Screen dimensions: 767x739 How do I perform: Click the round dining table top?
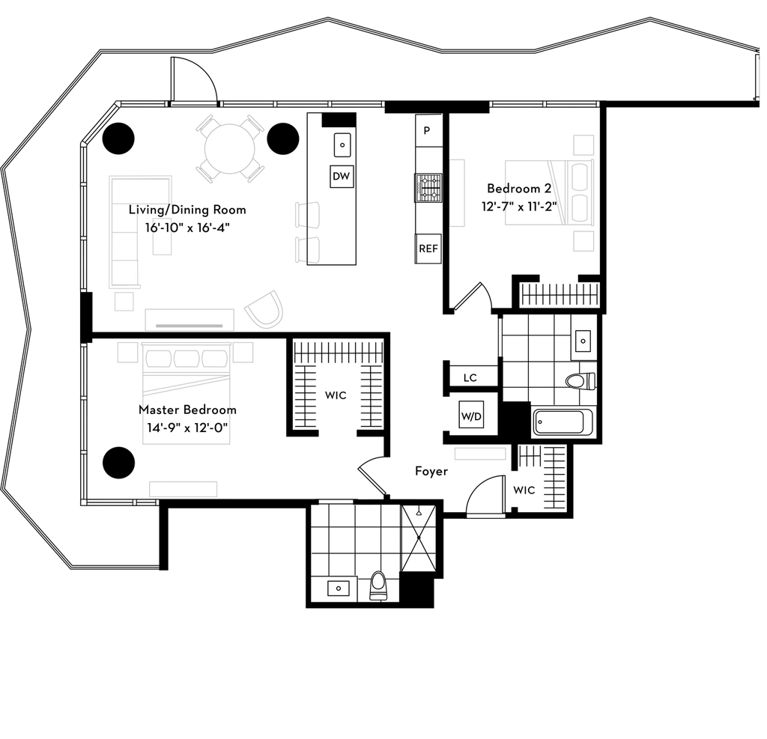(230, 148)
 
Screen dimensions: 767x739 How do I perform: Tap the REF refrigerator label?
(428, 249)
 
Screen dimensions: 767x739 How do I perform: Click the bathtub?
(563, 422)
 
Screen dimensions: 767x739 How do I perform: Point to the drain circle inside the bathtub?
(541, 422)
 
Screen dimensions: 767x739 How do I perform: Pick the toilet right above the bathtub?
(580, 382)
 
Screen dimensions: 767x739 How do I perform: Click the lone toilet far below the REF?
(379, 585)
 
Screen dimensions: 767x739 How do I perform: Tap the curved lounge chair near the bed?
(266, 308)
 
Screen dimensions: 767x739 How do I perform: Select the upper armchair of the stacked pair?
(307, 213)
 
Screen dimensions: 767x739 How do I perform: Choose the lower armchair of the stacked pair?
(307, 249)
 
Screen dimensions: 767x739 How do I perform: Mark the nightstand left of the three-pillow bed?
(127, 353)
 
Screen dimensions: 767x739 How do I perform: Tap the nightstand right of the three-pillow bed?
(243, 353)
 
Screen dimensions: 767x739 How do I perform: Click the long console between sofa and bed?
(190, 319)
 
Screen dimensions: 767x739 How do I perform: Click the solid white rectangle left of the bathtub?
(480, 454)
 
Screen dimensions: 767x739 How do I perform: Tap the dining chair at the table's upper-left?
(208, 127)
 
